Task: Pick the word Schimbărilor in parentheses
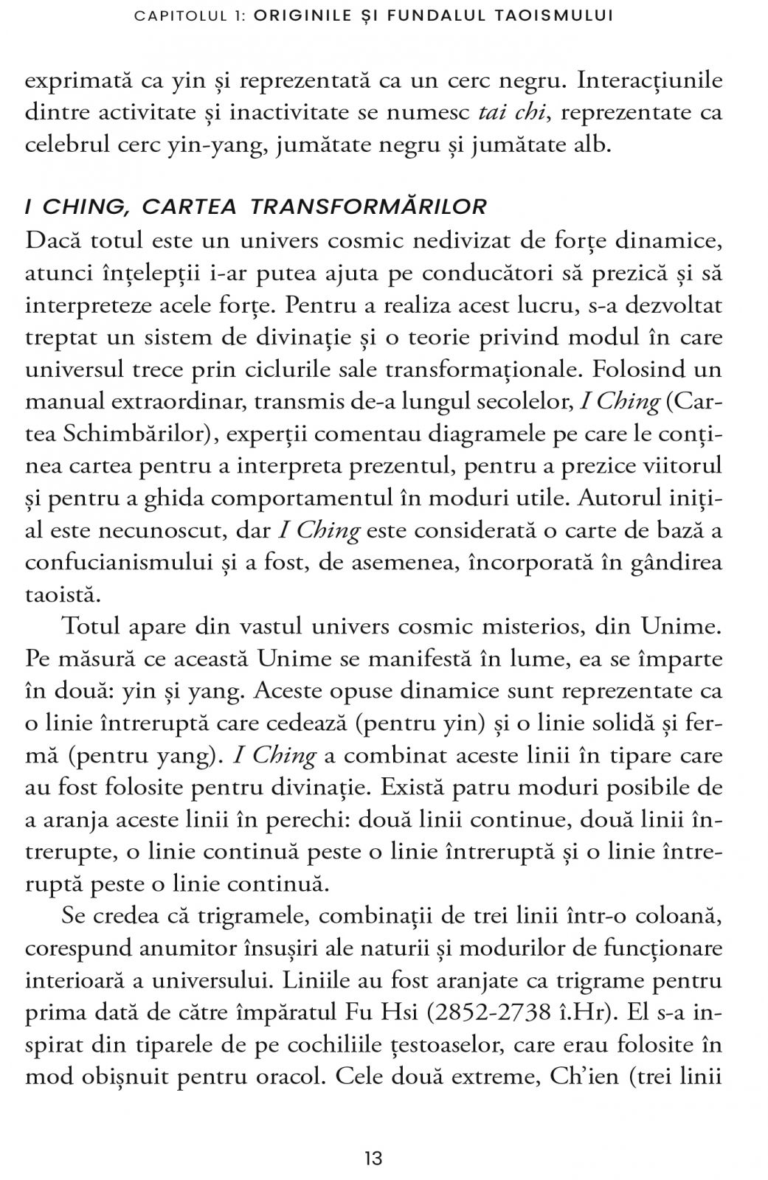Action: click(x=144, y=434)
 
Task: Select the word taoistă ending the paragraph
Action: click(x=62, y=594)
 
